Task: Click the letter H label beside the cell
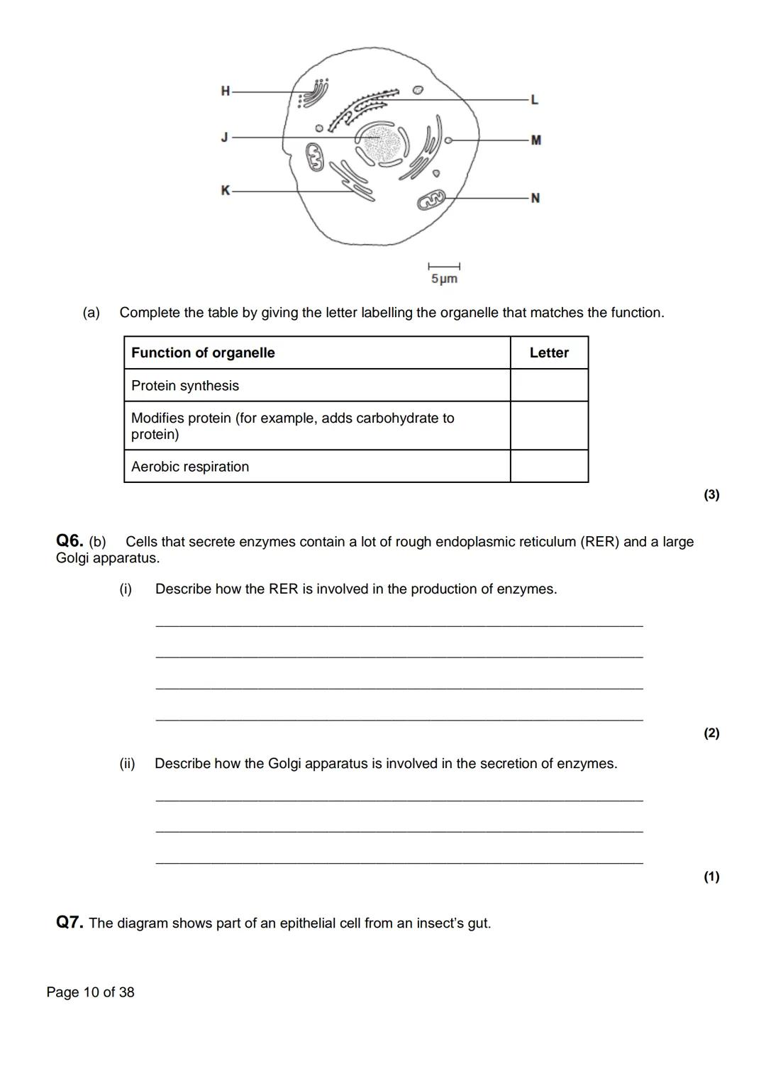coord(226,91)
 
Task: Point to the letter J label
coord(225,137)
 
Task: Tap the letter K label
coord(226,190)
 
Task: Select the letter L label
coord(534,100)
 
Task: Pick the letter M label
coord(535,140)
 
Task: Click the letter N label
coord(535,198)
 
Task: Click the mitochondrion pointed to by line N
coord(431,200)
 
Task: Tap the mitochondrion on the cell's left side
coord(314,157)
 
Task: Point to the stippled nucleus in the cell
coord(382,143)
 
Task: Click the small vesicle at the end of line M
coord(448,140)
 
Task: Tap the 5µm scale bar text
coord(444,279)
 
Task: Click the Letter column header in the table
coord(549,352)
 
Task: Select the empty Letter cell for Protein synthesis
coord(549,385)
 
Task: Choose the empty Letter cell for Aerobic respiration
coord(549,466)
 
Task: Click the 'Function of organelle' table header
coord(203,352)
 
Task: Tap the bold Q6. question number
coord(70,541)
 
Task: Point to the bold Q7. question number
coord(70,923)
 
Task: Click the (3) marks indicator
coord(711,494)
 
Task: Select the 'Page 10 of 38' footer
coord(90,992)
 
